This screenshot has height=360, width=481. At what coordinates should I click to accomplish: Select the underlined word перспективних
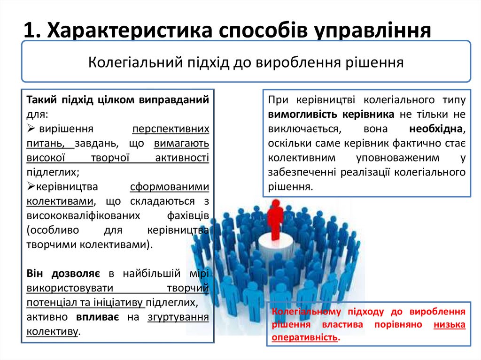click(x=170, y=128)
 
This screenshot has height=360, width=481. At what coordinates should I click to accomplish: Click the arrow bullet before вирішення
click(x=31, y=128)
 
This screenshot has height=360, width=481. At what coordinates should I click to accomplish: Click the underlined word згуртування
click(x=178, y=317)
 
